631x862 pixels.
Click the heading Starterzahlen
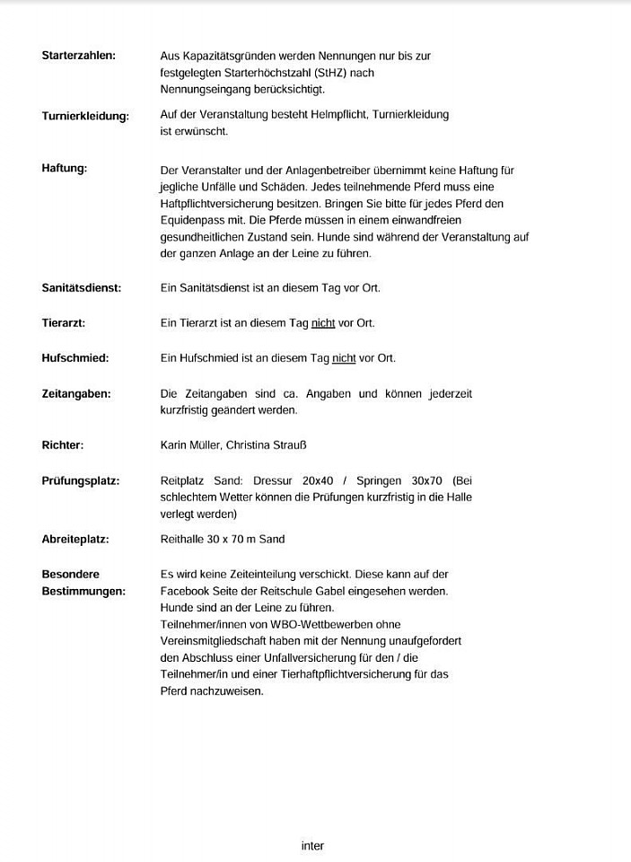click(78, 56)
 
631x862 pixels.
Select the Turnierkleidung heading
click(85, 116)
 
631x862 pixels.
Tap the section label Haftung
click(65, 169)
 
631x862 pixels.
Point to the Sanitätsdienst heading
click(81, 288)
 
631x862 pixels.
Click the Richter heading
click(63, 444)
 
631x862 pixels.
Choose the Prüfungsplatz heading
click(81, 480)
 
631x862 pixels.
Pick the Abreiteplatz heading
click(75, 540)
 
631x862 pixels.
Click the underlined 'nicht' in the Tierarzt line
click(323, 323)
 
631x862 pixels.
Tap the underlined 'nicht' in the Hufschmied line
click(344, 358)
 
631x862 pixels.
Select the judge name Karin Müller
click(189, 445)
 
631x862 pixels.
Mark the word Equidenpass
click(190, 221)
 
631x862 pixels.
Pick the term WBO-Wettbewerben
click(311, 624)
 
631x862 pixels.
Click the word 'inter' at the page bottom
click(312, 846)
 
